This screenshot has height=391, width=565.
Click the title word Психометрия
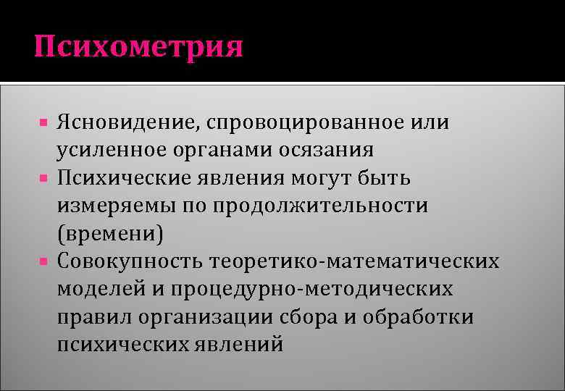pyautogui.click(x=138, y=48)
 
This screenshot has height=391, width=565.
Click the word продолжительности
pyautogui.click(x=319, y=206)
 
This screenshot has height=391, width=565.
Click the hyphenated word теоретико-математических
pyautogui.click(x=353, y=261)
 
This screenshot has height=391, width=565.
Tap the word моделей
pyautogui.click(x=101, y=289)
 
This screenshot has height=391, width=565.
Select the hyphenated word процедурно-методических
pyautogui.click(x=313, y=289)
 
